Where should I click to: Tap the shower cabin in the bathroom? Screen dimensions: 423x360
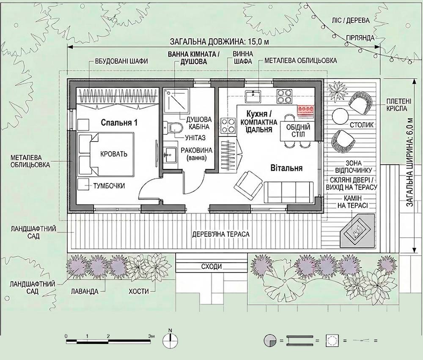click(x=176, y=101)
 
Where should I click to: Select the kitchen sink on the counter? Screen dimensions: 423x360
click(x=253, y=96)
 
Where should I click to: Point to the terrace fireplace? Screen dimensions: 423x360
click(x=358, y=231)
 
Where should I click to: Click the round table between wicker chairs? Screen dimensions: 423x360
click(x=341, y=116)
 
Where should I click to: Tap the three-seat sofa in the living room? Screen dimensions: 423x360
click(x=288, y=192)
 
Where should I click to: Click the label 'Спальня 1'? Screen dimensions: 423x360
click(x=119, y=123)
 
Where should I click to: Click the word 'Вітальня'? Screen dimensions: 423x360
click(x=286, y=168)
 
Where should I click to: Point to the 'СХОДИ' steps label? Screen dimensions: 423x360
click(x=211, y=267)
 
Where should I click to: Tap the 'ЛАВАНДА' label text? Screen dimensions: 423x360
click(x=85, y=291)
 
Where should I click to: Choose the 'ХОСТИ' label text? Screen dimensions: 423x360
click(x=139, y=291)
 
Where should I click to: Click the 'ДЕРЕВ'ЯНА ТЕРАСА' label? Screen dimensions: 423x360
click(x=221, y=234)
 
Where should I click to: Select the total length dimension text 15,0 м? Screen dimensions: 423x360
click(x=219, y=42)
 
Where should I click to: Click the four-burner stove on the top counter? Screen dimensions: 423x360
click(x=284, y=96)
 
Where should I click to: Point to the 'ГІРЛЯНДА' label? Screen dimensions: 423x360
click(x=360, y=38)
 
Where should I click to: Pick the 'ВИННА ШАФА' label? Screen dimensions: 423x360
click(x=243, y=57)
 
